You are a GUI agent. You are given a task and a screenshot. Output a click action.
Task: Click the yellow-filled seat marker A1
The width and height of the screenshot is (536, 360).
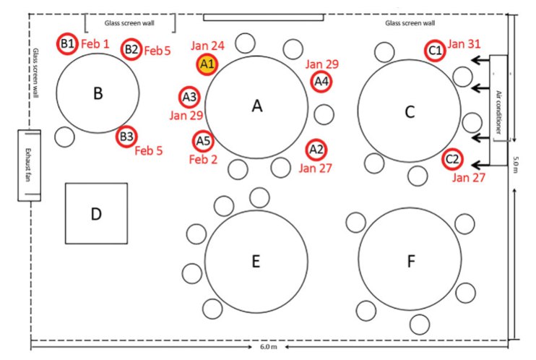coord(207,64)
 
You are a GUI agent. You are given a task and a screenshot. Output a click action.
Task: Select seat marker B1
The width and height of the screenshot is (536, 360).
coord(67,43)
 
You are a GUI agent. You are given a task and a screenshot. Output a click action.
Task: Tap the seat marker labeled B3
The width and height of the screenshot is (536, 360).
coord(126,137)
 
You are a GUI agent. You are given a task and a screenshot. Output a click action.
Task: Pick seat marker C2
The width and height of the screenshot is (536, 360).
coord(452,159)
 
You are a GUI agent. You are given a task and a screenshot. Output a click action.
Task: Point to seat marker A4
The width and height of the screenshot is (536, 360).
coord(321,82)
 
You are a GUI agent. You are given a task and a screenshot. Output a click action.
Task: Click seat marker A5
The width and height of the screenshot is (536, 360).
coord(203,141)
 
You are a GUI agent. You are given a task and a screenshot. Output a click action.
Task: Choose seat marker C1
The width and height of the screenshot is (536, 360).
coord(435,51)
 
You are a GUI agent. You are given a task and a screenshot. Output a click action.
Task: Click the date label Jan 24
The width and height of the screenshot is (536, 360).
coord(208,46)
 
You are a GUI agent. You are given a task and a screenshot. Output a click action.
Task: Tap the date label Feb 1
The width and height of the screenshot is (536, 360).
coord(95,44)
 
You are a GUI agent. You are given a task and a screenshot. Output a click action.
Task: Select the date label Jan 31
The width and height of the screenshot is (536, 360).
coord(464,44)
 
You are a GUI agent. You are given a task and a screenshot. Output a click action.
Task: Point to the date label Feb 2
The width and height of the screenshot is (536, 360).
coord(203,160)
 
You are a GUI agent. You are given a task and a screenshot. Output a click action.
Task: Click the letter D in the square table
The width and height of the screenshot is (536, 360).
coord(96,214)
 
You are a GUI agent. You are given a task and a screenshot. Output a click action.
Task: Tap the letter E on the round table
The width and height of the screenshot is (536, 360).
coord(256,261)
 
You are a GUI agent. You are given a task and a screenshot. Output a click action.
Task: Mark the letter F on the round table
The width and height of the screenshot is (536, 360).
coord(411,261)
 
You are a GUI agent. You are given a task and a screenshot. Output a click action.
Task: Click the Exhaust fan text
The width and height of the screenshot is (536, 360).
coord(28,165)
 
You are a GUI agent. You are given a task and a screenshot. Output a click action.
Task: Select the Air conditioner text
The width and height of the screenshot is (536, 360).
coord(498,112)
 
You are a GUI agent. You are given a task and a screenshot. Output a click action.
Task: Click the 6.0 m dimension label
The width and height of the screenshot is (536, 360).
coord(268,347)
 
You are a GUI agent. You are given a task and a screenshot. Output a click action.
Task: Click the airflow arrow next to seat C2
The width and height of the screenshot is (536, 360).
coord(480,165)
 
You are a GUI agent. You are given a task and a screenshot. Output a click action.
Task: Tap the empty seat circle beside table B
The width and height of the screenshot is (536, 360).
coord(64,137)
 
